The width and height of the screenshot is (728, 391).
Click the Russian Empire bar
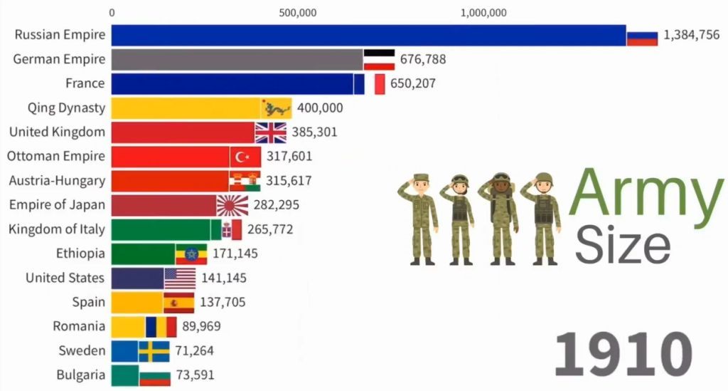[x=368, y=35]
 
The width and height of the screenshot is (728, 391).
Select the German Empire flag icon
[x=379, y=59]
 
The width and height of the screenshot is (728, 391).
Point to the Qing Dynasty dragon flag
[x=276, y=108]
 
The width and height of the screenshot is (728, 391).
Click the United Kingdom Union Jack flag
[x=270, y=132]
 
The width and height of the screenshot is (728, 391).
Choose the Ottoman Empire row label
[x=56, y=156]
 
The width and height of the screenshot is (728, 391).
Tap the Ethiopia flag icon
[x=191, y=254]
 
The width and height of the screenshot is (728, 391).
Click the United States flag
[x=180, y=278]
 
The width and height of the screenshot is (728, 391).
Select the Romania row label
[x=79, y=326]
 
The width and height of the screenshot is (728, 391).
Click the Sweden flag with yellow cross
[x=154, y=351]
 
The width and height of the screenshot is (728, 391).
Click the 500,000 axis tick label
[x=299, y=12]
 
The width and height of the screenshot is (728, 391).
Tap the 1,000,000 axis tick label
[x=483, y=12]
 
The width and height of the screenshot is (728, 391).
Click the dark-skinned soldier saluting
[x=501, y=217]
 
